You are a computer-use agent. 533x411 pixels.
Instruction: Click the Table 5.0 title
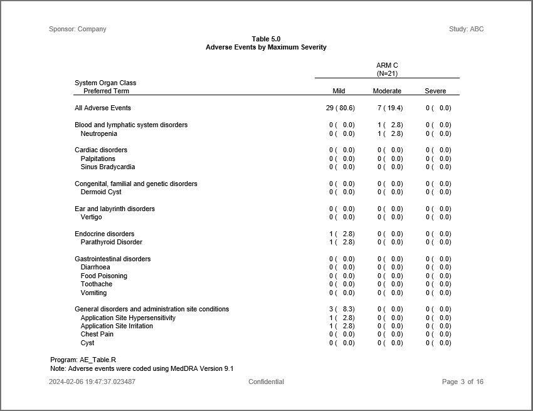[x=266, y=39]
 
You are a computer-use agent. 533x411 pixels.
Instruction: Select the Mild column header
[x=339, y=91]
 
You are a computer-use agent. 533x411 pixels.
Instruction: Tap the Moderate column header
[x=387, y=91]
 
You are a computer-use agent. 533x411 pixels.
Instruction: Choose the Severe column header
[x=435, y=91]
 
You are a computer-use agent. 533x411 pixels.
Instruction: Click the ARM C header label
[x=387, y=65]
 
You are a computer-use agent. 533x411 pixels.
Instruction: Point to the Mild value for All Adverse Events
[x=340, y=108]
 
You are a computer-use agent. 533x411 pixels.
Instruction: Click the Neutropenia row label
[x=98, y=133]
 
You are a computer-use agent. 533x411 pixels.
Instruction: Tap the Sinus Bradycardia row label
[x=107, y=167]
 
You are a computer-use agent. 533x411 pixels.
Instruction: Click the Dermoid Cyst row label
[x=101, y=192]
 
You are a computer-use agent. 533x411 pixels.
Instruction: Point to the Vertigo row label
[x=91, y=217]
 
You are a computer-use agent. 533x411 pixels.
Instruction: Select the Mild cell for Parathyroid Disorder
[x=342, y=242]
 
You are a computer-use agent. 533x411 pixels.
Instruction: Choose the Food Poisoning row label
[x=103, y=276]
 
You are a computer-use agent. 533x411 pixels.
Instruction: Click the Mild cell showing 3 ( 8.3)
[x=342, y=309]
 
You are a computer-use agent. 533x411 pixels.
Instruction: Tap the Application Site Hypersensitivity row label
[x=128, y=318]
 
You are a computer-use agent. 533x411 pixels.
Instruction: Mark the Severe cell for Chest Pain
[x=438, y=334]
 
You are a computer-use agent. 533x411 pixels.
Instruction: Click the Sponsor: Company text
[x=78, y=29]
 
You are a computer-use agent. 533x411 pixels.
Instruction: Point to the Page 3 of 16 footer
[x=463, y=382]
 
